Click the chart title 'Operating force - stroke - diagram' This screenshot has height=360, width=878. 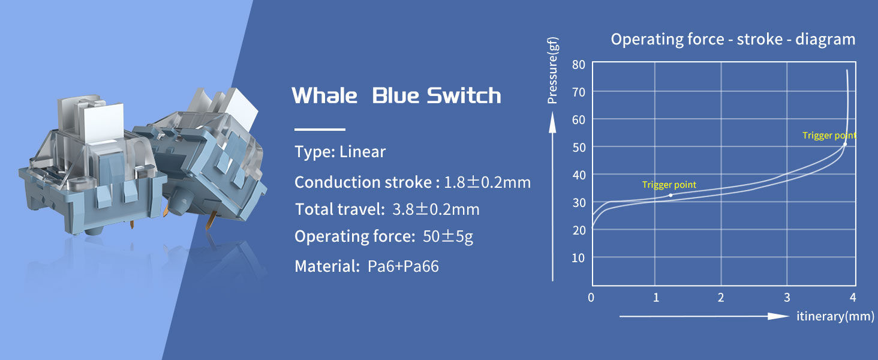tap(733, 40)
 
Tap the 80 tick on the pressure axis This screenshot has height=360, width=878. tap(579, 64)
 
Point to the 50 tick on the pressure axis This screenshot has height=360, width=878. tap(579, 148)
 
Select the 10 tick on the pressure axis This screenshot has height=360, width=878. tap(579, 258)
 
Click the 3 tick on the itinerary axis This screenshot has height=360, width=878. tap(787, 298)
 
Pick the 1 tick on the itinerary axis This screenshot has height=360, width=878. tap(656, 298)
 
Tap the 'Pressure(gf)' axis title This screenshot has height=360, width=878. tap(552, 71)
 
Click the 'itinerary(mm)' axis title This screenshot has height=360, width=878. tap(835, 316)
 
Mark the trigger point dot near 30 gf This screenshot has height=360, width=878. tap(670, 195)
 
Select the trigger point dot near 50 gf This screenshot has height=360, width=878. tap(845, 145)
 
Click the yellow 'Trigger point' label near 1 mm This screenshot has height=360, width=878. tap(669, 185)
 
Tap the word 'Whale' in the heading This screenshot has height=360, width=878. tap(324, 95)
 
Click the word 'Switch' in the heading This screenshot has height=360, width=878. tap(464, 95)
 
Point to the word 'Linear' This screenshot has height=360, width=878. tap(363, 152)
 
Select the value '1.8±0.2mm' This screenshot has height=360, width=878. tap(487, 182)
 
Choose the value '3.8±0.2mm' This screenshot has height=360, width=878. tap(436, 209)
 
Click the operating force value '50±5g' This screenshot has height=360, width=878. tap(448, 236)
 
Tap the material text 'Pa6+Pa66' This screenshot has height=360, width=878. tap(403, 266)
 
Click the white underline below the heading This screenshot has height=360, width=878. tap(320, 130)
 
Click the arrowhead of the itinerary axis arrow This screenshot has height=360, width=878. tap(778, 316)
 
